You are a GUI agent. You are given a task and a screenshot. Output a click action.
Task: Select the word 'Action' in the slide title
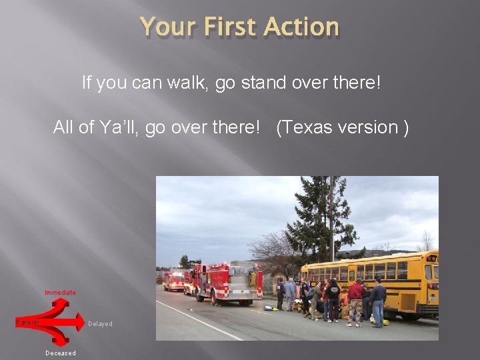[301, 27]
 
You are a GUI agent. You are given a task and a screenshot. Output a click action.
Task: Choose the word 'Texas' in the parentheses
[310, 127]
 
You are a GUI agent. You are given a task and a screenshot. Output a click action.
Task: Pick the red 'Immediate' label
[60, 292]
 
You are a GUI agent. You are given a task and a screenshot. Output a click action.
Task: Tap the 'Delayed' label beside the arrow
[100, 324]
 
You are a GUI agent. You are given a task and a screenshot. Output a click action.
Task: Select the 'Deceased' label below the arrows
[60, 353]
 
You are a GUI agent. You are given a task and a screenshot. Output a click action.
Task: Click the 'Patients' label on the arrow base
[28, 323]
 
